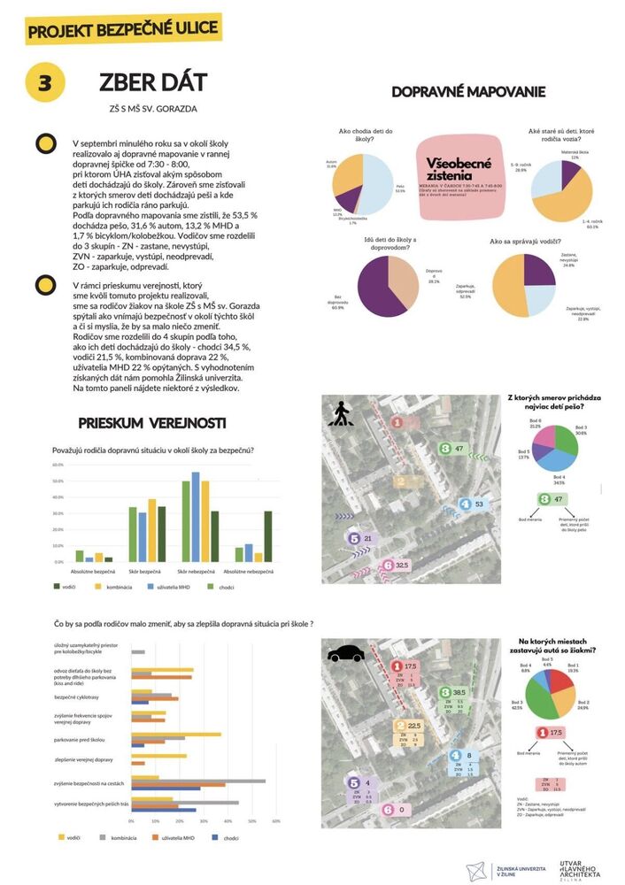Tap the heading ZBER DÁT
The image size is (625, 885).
point(153,83)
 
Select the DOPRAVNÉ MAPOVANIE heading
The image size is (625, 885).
point(468,92)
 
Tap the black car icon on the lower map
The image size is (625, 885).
point(346,655)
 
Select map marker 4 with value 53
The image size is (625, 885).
point(473,504)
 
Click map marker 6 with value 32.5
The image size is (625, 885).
point(394,565)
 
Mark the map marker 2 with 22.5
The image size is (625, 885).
point(408,725)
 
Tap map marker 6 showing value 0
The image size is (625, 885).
point(394,808)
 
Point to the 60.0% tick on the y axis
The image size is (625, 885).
point(58,464)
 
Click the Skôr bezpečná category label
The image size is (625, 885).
point(143,573)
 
